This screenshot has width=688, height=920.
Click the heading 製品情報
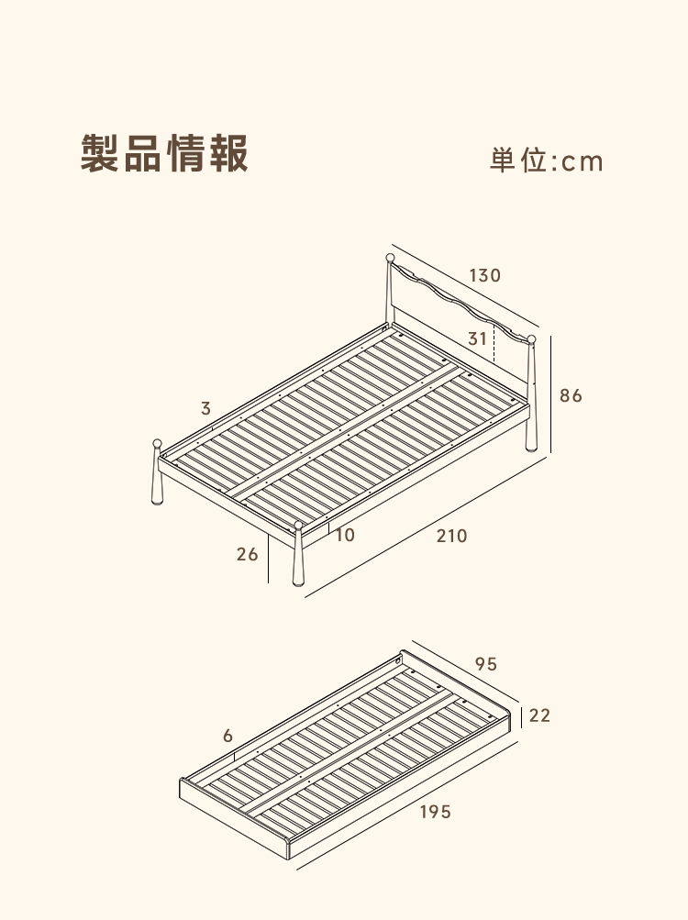tap(164, 153)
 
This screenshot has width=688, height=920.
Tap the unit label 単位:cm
tap(547, 161)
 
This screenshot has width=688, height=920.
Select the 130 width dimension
tap(485, 275)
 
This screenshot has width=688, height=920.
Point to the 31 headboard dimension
tap(477, 338)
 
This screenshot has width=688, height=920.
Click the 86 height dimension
tap(571, 395)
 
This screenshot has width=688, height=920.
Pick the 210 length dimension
tap(451, 536)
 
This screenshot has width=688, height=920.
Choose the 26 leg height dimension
tap(247, 554)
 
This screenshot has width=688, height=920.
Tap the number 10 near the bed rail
tap(345, 535)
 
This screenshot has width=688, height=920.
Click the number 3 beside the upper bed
tap(205, 408)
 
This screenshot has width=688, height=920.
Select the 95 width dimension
tap(486, 663)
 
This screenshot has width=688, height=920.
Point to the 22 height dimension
tap(539, 715)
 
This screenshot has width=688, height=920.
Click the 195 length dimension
tap(436, 812)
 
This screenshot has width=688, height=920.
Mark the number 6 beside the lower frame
tap(227, 736)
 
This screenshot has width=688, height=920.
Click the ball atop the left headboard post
tap(390, 258)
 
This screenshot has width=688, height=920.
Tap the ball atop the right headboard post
tap(531, 339)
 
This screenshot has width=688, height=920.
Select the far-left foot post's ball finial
tap(158, 443)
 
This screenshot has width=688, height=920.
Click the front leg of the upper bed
tap(299, 558)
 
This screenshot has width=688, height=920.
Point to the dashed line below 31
tap(494, 345)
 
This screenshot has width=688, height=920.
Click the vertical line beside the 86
tap(550, 394)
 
